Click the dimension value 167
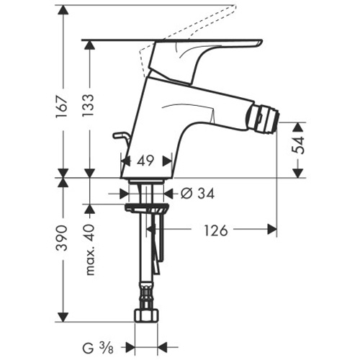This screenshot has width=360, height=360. tap(62, 107)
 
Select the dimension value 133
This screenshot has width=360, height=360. tap(88, 106)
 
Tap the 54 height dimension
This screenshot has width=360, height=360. tap(298, 145)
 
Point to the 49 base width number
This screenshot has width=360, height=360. tap(145, 161)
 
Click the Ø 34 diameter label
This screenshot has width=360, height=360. tap(197, 194)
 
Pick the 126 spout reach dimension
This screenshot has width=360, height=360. tap(216, 230)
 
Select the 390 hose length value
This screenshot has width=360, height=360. tap(62, 238)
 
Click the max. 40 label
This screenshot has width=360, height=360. tap(90, 249)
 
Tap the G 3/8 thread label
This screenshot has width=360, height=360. tap(98, 348)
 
